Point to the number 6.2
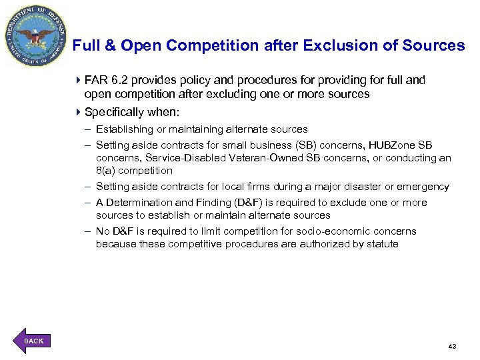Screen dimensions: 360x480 point(120,80)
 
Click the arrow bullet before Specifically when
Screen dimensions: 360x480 point(79,112)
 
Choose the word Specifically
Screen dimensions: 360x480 point(117,112)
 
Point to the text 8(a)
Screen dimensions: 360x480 point(105,171)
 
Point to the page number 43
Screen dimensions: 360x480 point(452,347)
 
